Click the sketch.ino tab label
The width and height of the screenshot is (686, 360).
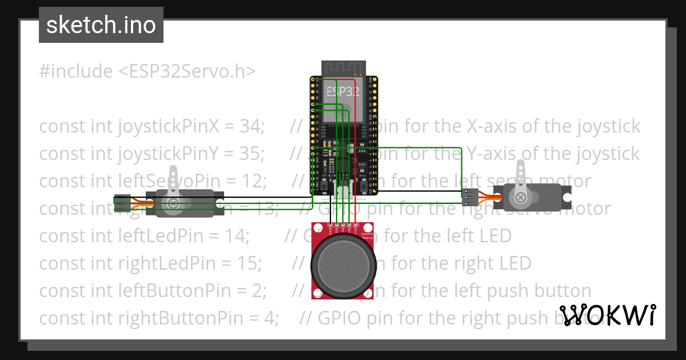coord(101,25)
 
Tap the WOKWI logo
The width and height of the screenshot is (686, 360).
coord(608,315)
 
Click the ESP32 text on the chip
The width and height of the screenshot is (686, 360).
coord(343,91)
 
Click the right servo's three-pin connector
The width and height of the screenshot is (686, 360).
coord(470,197)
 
